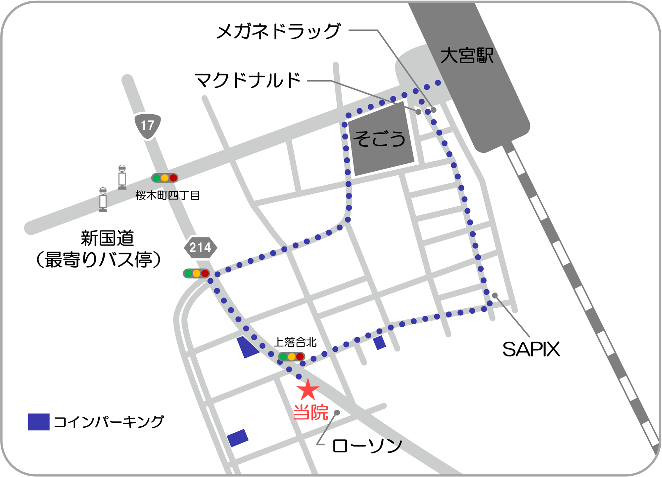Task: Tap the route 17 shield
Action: tap(148, 126)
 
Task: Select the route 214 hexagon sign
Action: tap(200, 247)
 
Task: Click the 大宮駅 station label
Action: tap(467, 55)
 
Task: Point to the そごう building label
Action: tap(379, 139)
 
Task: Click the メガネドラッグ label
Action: tap(278, 31)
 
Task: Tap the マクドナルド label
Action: tap(248, 80)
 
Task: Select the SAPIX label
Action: tap(531, 349)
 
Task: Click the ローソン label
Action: tap(367, 446)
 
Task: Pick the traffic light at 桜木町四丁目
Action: tap(165, 178)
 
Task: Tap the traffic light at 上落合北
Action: tap(291, 357)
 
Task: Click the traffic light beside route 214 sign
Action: tap(197, 273)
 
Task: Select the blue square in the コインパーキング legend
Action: tap(39, 422)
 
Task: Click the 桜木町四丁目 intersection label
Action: tap(167, 195)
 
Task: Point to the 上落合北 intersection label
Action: tap(295, 342)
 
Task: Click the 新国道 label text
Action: tap(107, 238)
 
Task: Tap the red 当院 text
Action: tap(310, 412)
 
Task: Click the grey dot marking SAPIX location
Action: tap(495, 295)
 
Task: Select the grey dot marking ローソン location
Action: tap(337, 412)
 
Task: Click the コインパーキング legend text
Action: tap(109, 422)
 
